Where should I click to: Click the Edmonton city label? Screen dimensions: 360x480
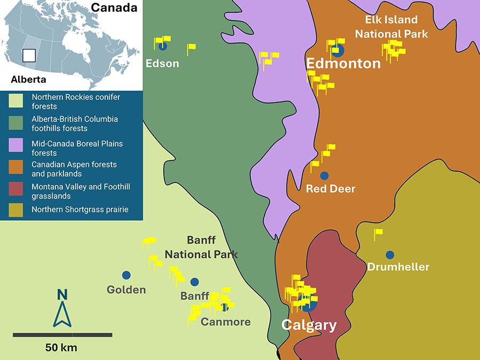[x=343, y=64]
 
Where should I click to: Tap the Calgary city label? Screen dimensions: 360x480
[x=309, y=325]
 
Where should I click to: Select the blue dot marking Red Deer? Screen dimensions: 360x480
[x=324, y=175]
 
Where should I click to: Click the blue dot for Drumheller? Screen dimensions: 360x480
[x=390, y=255]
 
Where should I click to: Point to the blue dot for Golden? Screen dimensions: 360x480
[x=126, y=275]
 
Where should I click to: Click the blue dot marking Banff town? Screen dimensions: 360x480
[x=195, y=282]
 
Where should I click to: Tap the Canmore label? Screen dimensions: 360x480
[x=226, y=322]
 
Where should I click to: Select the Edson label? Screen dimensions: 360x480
[x=162, y=64]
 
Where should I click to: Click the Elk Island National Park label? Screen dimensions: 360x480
[x=391, y=27]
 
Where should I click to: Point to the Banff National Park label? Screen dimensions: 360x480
[x=201, y=247]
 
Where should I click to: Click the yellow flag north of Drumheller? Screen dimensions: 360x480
[x=378, y=233]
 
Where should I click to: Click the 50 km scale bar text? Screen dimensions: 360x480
[x=61, y=348]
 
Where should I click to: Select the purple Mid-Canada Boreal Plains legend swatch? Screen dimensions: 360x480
[x=19, y=145]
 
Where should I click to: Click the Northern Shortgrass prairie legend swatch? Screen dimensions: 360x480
[x=19, y=210]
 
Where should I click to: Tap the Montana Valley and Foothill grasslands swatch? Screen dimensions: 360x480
[x=19, y=191]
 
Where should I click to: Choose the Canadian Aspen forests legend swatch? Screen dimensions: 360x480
[x=19, y=169]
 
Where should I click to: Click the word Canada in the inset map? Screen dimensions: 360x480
[x=114, y=8]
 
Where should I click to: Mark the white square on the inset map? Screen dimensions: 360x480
[x=29, y=55]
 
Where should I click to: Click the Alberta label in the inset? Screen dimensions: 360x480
[x=28, y=79]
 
